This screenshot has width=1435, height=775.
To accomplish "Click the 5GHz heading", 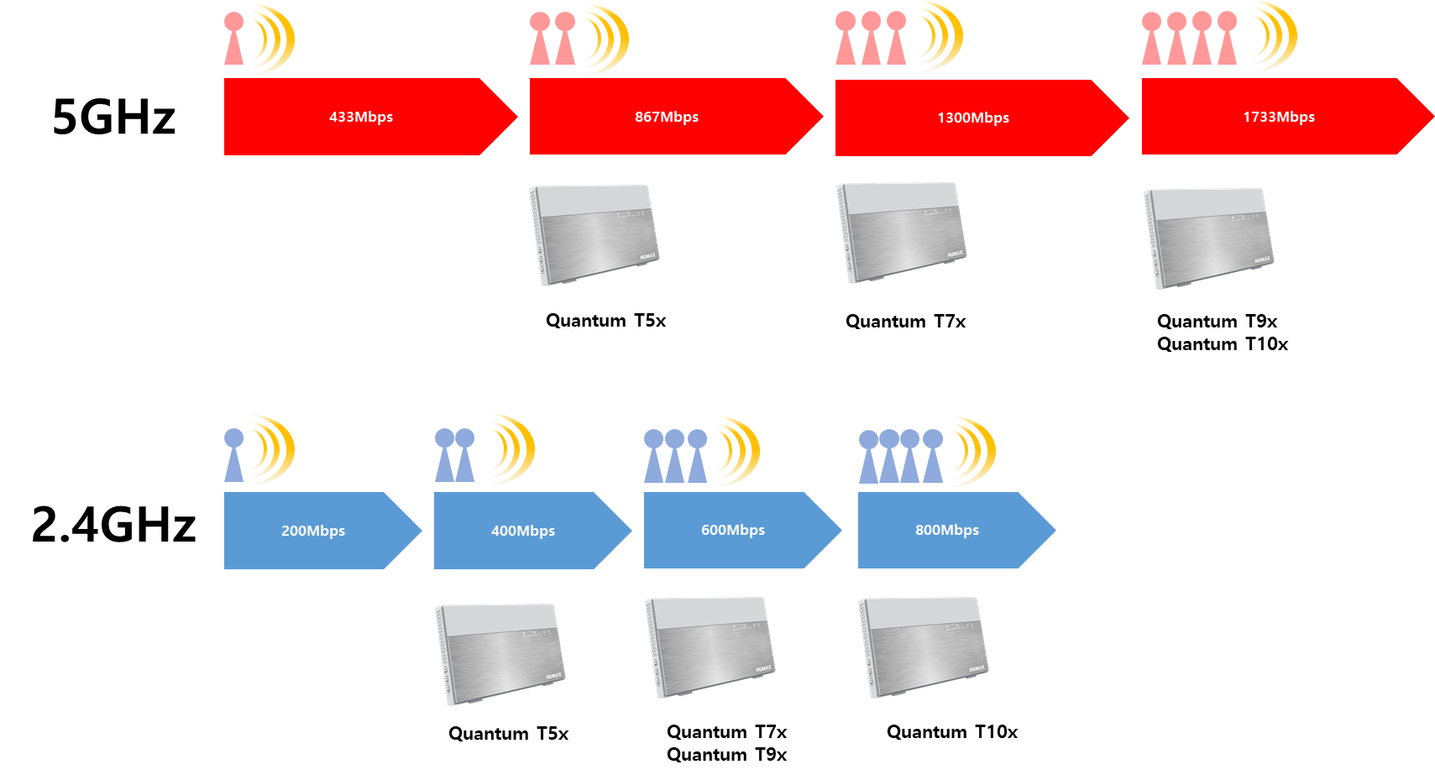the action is pyautogui.click(x=113, y=118).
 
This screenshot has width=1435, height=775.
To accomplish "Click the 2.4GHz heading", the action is pyautogui.click(x=113, y=525).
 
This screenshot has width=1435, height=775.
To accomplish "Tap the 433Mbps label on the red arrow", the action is pyautogui.click(x=361, y=118).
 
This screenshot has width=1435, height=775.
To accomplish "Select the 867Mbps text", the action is pyautogui.click(x=666, y=118).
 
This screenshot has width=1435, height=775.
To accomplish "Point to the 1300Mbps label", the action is pyautogui.click(x=973, y=118).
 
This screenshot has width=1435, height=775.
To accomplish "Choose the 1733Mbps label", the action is pyautogui.click(x=1279, y=118).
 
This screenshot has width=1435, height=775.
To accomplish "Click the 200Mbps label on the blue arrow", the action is pyautogui.click(x=313, y=531).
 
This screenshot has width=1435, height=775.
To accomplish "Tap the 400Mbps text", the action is pyautogui.click(x=523, y=531).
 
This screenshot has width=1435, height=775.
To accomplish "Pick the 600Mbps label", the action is pyautogui.click(x=733, y=531).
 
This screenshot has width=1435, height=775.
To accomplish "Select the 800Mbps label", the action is pyautogui.click(x=947, y=531).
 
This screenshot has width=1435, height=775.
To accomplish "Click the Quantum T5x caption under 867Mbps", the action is pyautogui.click(x=605, y=320).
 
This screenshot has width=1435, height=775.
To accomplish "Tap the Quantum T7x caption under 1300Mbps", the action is pyautogui.click(x=905, y=321).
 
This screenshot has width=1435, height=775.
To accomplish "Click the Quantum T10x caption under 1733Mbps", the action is pyautogui.click(x=1223, y=344).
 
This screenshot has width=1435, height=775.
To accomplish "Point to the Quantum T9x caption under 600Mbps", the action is pyautogui.click(x=726, y=755).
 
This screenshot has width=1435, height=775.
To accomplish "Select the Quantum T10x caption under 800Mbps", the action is pyautogui.click(x=952, y=732).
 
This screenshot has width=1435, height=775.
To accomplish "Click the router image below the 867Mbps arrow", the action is pyautogui.click(x=594, y=234).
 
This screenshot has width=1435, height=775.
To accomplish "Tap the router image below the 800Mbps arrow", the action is pyautogui.click(x=923, y=647).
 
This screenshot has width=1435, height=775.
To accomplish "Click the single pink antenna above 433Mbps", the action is pyautogui.click(x=233, y=39).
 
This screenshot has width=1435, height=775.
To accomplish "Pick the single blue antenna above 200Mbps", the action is pyautogui.click(x=233, y=455).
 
